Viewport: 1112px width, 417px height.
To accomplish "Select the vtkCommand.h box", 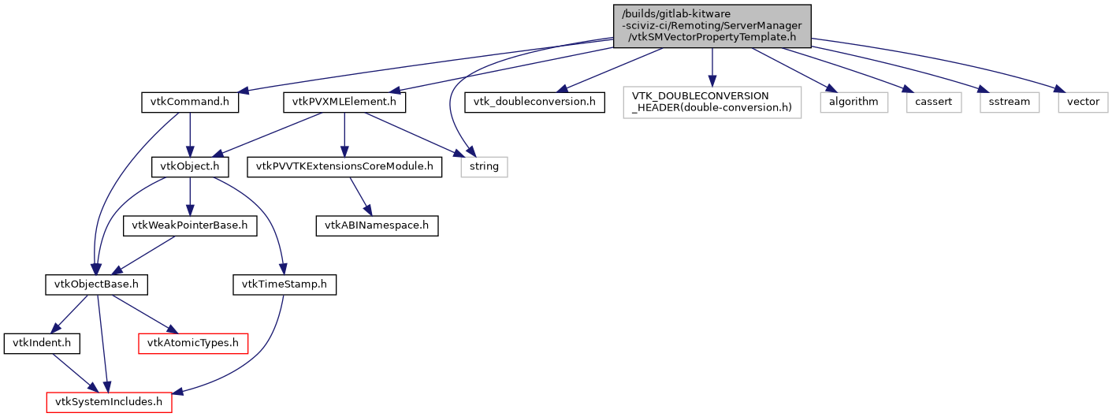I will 190,102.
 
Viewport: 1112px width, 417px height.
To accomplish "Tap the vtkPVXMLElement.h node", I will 344,102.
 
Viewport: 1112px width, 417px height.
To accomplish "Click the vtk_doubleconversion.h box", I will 535,102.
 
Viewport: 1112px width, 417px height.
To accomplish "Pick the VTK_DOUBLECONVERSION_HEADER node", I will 712,102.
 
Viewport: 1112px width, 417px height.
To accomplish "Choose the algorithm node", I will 854,102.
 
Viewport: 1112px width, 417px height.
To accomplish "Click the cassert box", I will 933,102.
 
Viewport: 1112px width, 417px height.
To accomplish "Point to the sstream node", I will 1010,102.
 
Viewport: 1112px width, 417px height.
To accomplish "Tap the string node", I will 484,167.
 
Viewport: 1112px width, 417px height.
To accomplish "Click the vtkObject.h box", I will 190,167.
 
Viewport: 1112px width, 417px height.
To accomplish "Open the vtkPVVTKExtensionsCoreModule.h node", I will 344,167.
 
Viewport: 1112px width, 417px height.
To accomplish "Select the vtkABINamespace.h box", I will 377,225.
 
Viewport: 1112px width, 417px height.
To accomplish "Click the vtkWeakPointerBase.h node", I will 190,225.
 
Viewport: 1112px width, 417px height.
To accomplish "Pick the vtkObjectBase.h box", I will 96,284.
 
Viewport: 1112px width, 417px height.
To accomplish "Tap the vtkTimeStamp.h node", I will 285,284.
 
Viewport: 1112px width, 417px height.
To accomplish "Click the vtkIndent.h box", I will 37,343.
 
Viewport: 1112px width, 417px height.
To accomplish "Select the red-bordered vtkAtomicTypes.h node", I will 193,343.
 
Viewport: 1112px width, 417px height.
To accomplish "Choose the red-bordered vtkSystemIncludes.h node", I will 109,402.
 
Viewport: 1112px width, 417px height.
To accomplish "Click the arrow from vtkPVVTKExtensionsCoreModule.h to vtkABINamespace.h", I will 359,195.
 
